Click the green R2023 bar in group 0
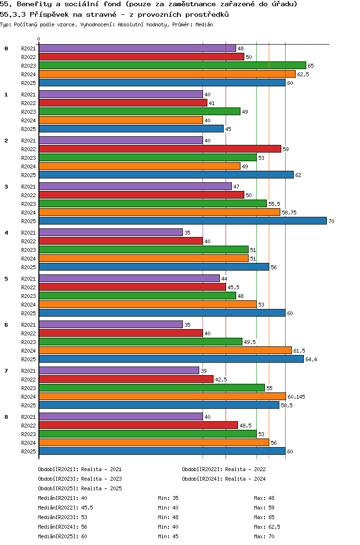click(172, 65)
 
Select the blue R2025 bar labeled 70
click(182, 221)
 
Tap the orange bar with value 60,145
click(162, 396)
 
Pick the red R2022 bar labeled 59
click(160, 149)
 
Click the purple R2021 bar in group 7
click(119, 370)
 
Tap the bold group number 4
click(6, 233)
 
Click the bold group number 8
click(6, 417)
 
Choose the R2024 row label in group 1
click(28, 120)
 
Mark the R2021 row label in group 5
click(28, 279)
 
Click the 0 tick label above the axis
click(39, 39)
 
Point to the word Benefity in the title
click(32, 4)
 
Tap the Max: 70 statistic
click(264, 536)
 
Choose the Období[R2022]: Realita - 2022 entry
click(224, 469)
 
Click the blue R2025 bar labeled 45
click(131, 129)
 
